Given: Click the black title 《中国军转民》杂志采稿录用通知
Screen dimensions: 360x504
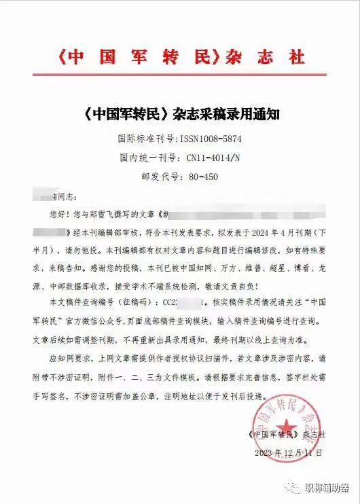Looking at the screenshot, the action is [179, 115].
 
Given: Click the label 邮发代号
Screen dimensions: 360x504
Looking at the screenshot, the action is [161, 177].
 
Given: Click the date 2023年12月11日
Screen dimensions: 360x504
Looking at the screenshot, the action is [288, 452].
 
